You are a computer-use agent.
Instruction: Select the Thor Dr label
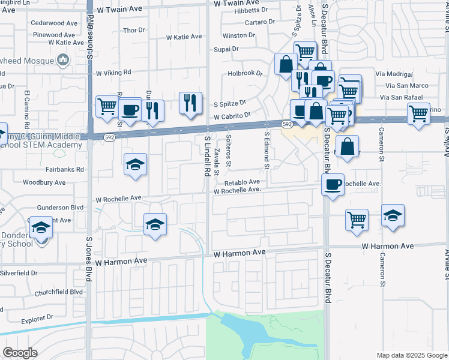tap(133, 29)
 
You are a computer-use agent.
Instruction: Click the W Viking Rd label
tap(113, 72)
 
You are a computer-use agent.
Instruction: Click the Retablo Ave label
tap(242, 182)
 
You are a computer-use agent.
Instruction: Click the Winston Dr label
tap(235, 35)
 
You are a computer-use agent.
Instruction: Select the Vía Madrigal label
tap(394, 74)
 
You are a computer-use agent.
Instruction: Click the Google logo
tap(20, 353)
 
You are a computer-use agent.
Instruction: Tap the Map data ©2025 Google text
tap(411, 355)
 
